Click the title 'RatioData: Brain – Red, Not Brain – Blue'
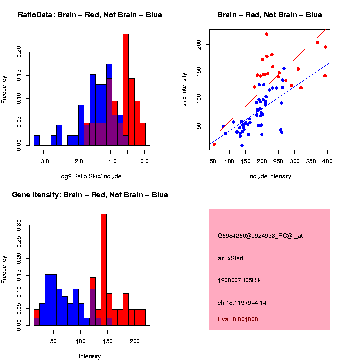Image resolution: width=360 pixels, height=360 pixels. (x=90, y=15)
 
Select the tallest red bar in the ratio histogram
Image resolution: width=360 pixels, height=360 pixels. (x=126, y=90)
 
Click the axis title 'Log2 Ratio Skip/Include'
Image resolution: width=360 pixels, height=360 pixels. (x=90, y=176)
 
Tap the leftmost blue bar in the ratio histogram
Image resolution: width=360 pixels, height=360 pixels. (x=37, y=140)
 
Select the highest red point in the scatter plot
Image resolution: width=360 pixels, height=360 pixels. (x=267, y=34)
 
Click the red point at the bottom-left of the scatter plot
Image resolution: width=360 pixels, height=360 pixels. (x=214, y=144)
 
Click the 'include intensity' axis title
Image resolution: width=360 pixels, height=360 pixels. (x=270, y=176)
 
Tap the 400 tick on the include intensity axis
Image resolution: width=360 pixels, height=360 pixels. (x=327, y=161)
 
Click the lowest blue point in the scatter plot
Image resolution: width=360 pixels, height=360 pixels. (x=242, y=145)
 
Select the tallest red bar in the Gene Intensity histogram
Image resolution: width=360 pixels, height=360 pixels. (x=104, y=270)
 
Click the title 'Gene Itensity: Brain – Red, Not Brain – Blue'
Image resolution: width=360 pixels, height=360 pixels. (x=90, y=195)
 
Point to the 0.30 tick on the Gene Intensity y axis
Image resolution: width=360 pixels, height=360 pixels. (x=19, y=225)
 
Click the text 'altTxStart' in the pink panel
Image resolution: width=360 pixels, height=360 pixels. (x=230, y=258)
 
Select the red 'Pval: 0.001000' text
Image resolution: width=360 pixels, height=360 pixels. (x=238, y=319)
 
